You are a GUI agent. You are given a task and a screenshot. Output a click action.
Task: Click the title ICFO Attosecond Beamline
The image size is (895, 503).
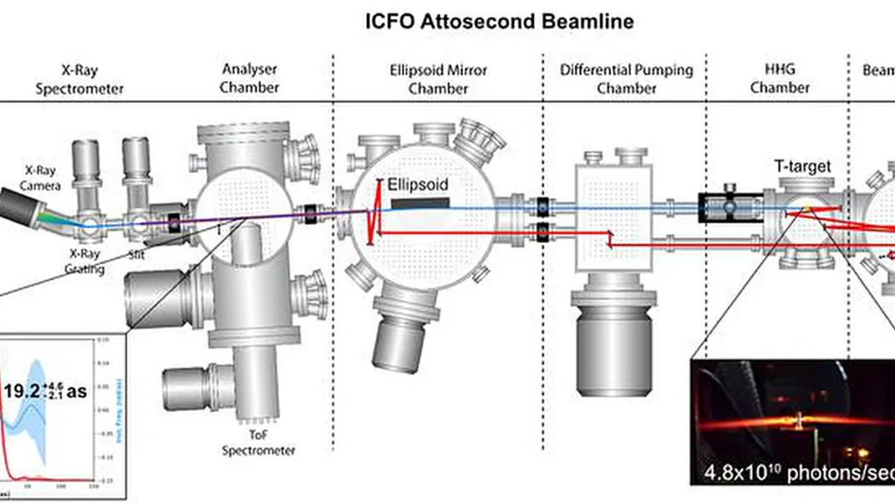pos(500,22)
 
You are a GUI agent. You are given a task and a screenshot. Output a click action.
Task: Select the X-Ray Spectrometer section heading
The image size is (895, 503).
pos(80,79)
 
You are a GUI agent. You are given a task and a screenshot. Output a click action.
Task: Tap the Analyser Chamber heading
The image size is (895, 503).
pos(249,79)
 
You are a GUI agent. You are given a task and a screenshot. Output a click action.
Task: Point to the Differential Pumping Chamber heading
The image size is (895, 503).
pos(626,79)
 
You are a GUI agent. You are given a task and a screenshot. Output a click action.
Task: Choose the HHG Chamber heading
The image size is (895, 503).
pos(780,79)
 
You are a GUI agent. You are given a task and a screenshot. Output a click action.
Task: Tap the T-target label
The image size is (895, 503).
pos(801,165)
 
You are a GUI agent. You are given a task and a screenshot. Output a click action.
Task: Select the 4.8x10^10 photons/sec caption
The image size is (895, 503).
pos(795,472)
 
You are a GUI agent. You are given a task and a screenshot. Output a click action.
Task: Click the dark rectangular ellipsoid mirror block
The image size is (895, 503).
pos(421,203)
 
